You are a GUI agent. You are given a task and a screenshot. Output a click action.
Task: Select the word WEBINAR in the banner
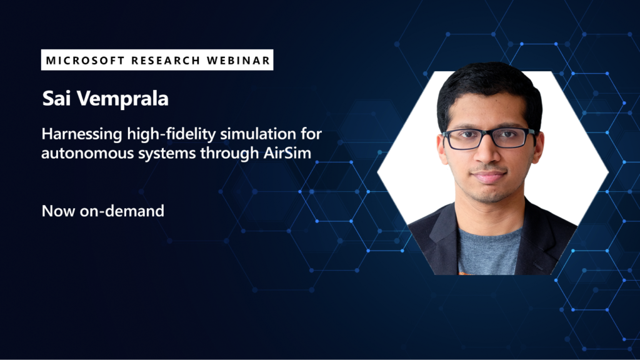coord(240,61)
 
